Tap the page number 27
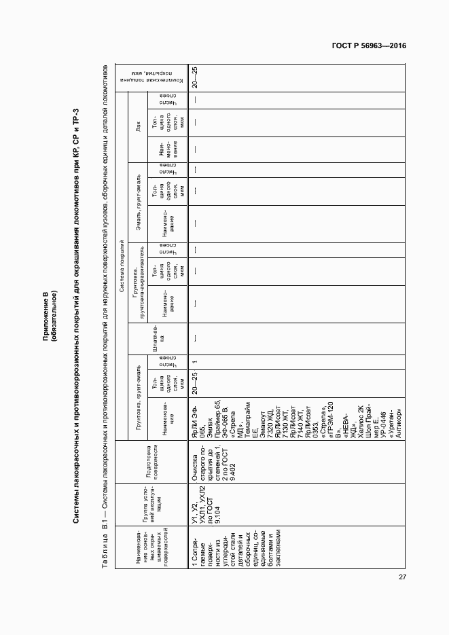(402, 577)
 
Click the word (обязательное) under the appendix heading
(54, 319)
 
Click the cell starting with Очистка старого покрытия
(207, 462)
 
